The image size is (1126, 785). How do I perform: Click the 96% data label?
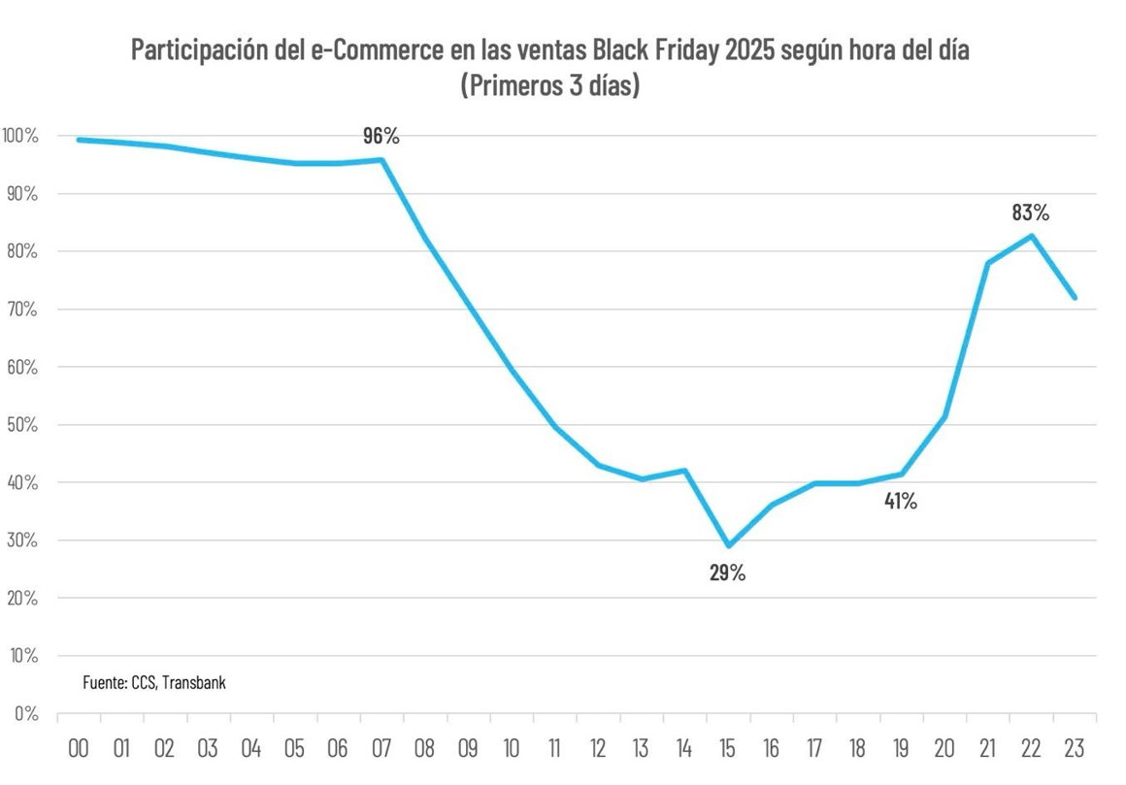[x=381, y=136]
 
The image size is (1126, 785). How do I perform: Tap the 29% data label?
[x=727, y=572]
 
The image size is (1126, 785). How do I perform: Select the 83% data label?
[x=1031, y=213]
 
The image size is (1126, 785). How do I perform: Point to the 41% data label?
[x=900, y=502]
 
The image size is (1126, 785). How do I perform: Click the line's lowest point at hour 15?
[x=728, y=545]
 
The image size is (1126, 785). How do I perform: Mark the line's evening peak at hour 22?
[x=1032, y=236]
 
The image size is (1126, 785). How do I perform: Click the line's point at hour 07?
[x=382, y=160]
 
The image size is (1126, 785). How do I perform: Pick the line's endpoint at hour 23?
[x=1075, y=298]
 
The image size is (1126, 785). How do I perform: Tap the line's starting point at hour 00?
[x=79, y=140]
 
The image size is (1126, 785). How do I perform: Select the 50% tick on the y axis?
[x=19, y=425]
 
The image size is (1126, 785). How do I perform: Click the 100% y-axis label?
[x=19, y=136]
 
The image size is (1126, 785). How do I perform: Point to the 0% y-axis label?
[x=25, y=713]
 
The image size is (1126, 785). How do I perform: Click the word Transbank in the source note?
[x=194, y=682]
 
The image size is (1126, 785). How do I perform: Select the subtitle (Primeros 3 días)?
[x=549, y=84]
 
